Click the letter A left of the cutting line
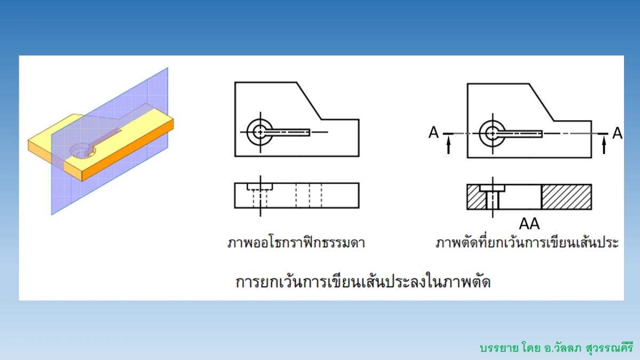click(434, 132)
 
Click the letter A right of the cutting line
click(617, 132)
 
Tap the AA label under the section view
click(529, 223)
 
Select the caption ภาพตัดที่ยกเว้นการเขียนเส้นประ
click(527, 243)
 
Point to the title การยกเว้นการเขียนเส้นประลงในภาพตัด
click(363, 281)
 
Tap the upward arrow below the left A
click(449, 145)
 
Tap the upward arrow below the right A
click(604, 145)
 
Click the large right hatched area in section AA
click(566, 197)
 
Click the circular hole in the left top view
click(260, 131)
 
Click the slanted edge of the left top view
click(308, 101)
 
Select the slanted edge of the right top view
click(541, 102)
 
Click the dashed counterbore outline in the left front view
click(260, 187)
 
